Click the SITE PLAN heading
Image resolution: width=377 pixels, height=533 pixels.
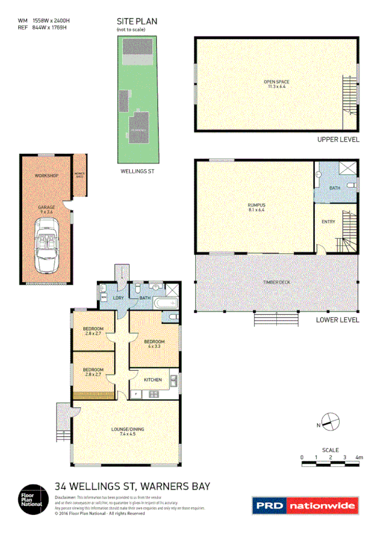[x=137, y=21]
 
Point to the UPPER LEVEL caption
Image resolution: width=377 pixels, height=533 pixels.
[x=339, y=140]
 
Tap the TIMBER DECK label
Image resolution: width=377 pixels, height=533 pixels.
[x=276, y=283]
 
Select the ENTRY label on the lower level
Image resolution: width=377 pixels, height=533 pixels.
[x=329, y=222]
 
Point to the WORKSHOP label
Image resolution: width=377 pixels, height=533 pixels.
[x=46, y=175]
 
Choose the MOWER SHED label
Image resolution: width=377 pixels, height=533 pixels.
[x=79, y=174]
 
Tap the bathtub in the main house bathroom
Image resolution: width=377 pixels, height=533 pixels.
[x=166, y=304]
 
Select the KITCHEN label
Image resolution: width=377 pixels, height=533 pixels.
[x=153, y=380]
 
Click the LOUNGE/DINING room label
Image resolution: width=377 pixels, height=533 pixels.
[x=128, y=431]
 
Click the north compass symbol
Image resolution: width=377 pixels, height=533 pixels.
[x=330, y=420]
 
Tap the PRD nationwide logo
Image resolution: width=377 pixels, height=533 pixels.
[x=305, y=505]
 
